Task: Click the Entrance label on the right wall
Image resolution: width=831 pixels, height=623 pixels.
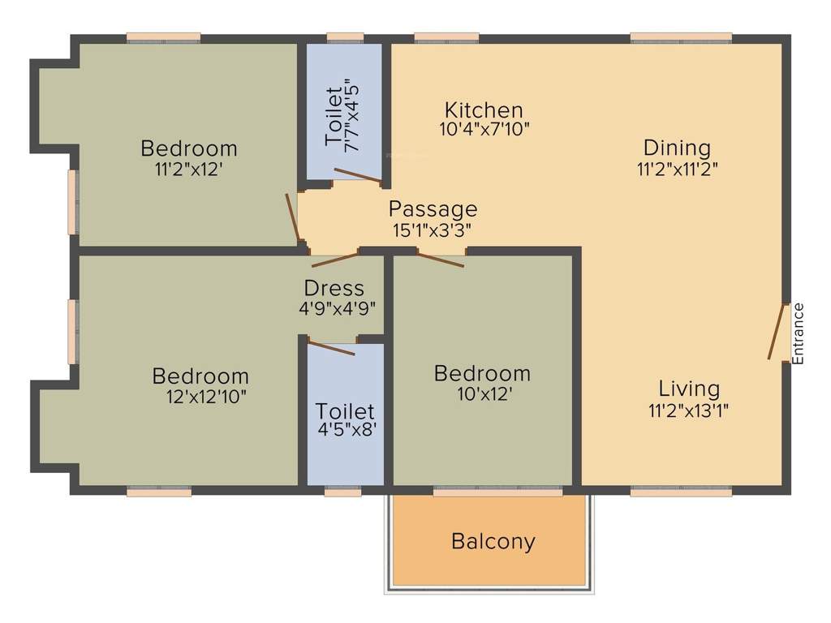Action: [798, 333]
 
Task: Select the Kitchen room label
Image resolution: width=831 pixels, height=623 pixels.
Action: [484, 110]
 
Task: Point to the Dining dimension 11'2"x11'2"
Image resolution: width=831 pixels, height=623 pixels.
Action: [677, 169]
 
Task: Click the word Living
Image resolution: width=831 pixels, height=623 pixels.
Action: [688, 389]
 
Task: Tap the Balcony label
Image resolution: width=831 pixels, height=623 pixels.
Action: [493, 541]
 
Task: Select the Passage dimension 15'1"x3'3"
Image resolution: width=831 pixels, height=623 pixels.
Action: [433, 230]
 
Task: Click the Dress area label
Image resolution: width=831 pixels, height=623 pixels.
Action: [334, 288]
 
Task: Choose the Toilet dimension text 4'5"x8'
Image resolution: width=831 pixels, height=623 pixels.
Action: [347, 430]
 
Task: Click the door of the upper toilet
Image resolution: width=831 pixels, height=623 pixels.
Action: [357, 175]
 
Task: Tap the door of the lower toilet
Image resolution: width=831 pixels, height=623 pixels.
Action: [331, 347]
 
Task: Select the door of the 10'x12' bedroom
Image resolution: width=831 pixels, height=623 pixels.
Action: [439, 260]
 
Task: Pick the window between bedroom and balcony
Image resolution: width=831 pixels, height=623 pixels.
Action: [497, 492]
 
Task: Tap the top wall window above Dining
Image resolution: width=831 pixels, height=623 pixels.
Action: [681, 37]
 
